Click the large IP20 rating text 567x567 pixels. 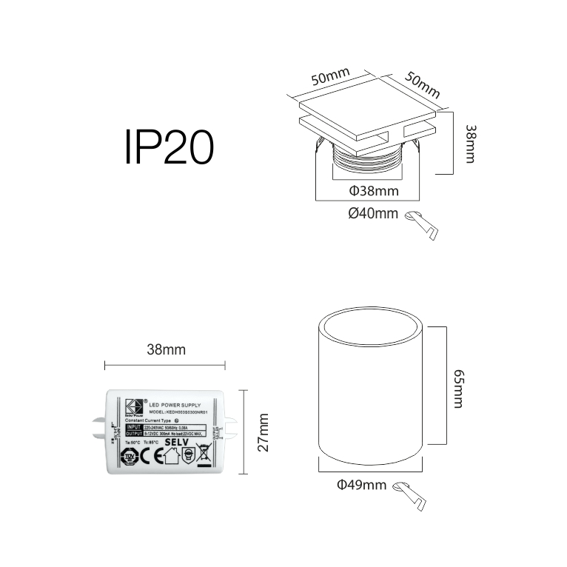[170, 147]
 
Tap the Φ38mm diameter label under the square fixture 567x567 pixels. [373, 191]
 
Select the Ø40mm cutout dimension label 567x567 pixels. [372, 214]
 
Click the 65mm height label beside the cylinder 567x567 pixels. [459, 390]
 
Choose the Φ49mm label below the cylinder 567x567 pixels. [361, 485]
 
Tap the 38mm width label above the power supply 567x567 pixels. [165, 349]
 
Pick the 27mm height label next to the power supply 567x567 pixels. [264, 432]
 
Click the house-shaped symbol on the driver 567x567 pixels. [172, 456]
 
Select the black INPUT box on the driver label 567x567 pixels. [134, 427]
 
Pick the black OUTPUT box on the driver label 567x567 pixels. [134, 434]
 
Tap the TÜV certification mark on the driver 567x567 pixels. [129, 455]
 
